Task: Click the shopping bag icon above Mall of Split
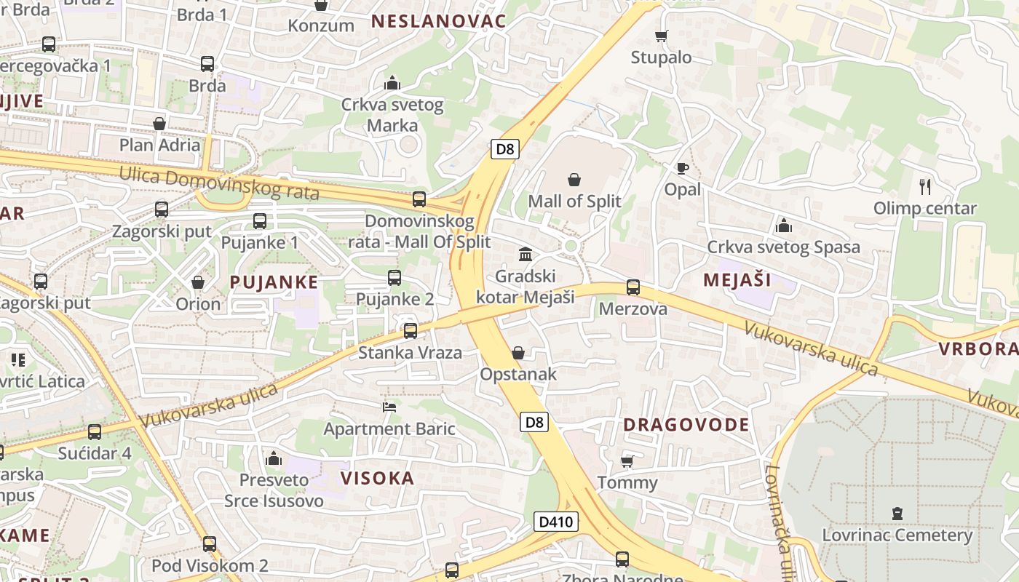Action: [574, 179]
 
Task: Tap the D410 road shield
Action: [556, 522]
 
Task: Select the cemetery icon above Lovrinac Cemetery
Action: [897, 514]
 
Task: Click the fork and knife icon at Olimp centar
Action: [925, 186]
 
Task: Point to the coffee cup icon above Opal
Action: [682, 169]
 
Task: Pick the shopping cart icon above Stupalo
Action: [661, 36]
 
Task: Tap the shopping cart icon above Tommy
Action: [627, 461]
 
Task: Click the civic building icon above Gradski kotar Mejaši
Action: [525, 254]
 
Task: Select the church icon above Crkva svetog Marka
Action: [392, 83]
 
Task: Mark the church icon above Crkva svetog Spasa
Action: [783, 226]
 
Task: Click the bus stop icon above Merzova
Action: [633, 287]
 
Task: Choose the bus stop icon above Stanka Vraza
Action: [410, 331]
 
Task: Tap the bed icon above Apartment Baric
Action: [389, 407]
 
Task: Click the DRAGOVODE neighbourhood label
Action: [686, 425]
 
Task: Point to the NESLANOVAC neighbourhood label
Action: [438, 21]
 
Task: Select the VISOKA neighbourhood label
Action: [378, 478]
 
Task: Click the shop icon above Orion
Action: [198, 282]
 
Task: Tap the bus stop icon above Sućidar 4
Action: [95, 432]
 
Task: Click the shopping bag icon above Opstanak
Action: [518, 353]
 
